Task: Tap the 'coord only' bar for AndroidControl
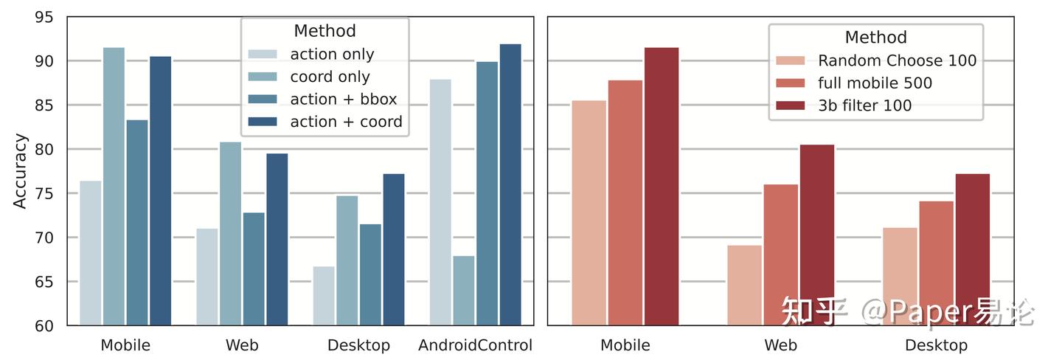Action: (463, 291)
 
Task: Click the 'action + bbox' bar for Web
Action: (254, 269)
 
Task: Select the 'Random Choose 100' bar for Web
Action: (744, 285)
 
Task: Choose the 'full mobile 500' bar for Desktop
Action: (936, 263)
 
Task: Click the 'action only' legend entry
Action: (332, 55)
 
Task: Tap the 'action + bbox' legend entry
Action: (343, 100)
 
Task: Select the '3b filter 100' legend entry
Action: (864, 105)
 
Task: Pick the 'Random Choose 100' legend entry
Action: (897, 60)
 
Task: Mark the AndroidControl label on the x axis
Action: (475, 345)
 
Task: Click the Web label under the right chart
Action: (780, 345)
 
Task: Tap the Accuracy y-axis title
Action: (20, 170)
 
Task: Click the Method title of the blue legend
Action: (324, 31)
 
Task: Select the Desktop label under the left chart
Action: (358, 345)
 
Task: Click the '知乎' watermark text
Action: (813, 312)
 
